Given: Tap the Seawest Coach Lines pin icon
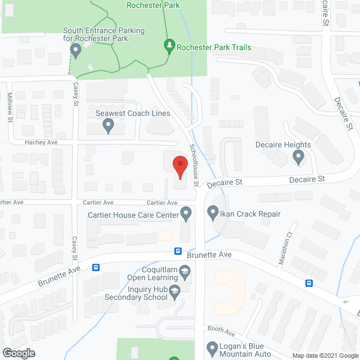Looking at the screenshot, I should coord(109,128).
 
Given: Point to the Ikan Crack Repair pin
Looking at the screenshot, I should coord(213,213).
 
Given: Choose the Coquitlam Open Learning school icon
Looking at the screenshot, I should coord(184,274).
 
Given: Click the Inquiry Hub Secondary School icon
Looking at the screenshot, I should coord(174,290).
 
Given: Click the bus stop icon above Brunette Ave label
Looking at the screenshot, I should coord(178,251).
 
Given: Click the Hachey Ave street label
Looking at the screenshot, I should coord(41,143).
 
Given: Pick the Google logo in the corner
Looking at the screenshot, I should coord(18,353).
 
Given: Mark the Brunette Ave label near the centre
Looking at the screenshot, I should coord(209,255).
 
